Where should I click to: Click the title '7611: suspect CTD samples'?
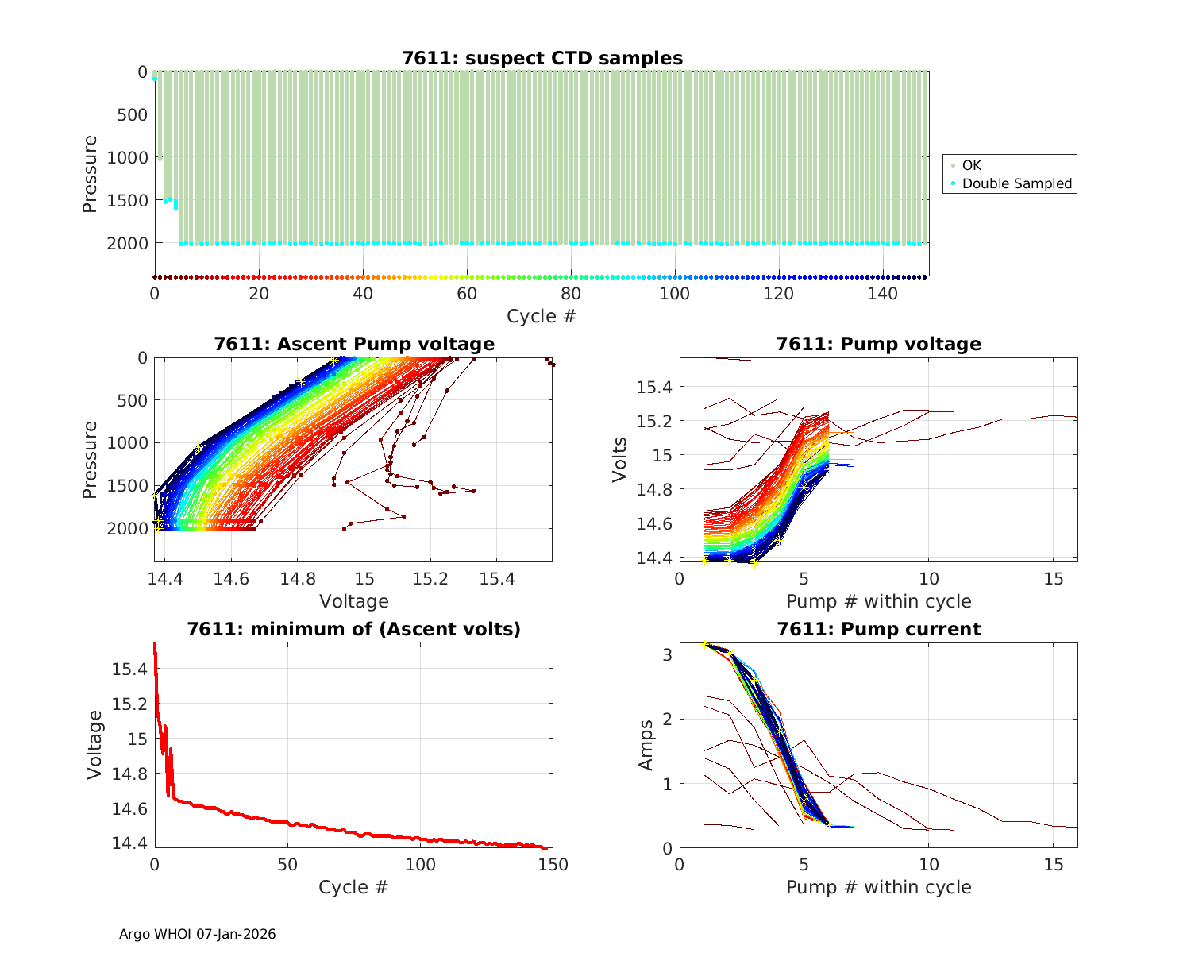coord(542,58)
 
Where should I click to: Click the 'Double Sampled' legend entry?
coord(1017,183)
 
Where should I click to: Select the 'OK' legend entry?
coord(972,165)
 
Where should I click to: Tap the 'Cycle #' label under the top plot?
coord(542,316)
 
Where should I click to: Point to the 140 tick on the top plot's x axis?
coord(883,293)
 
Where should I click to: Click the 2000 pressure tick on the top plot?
coord(127,243)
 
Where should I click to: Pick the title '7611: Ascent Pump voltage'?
coord(354,344)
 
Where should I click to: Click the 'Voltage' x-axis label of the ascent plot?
coord(354,601)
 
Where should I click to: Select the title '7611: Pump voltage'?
coord(878,344)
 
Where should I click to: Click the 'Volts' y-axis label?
coord(620,460)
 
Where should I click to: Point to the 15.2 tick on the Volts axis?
coord(654,421)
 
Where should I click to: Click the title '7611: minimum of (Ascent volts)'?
coord(354,629)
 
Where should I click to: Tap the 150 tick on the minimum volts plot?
coord(553,865)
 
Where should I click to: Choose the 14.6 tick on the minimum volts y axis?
coord(129,808)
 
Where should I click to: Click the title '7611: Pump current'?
coord(878,629)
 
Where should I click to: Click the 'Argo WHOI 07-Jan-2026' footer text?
coord(198,934)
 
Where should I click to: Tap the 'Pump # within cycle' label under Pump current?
coord(878,887)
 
